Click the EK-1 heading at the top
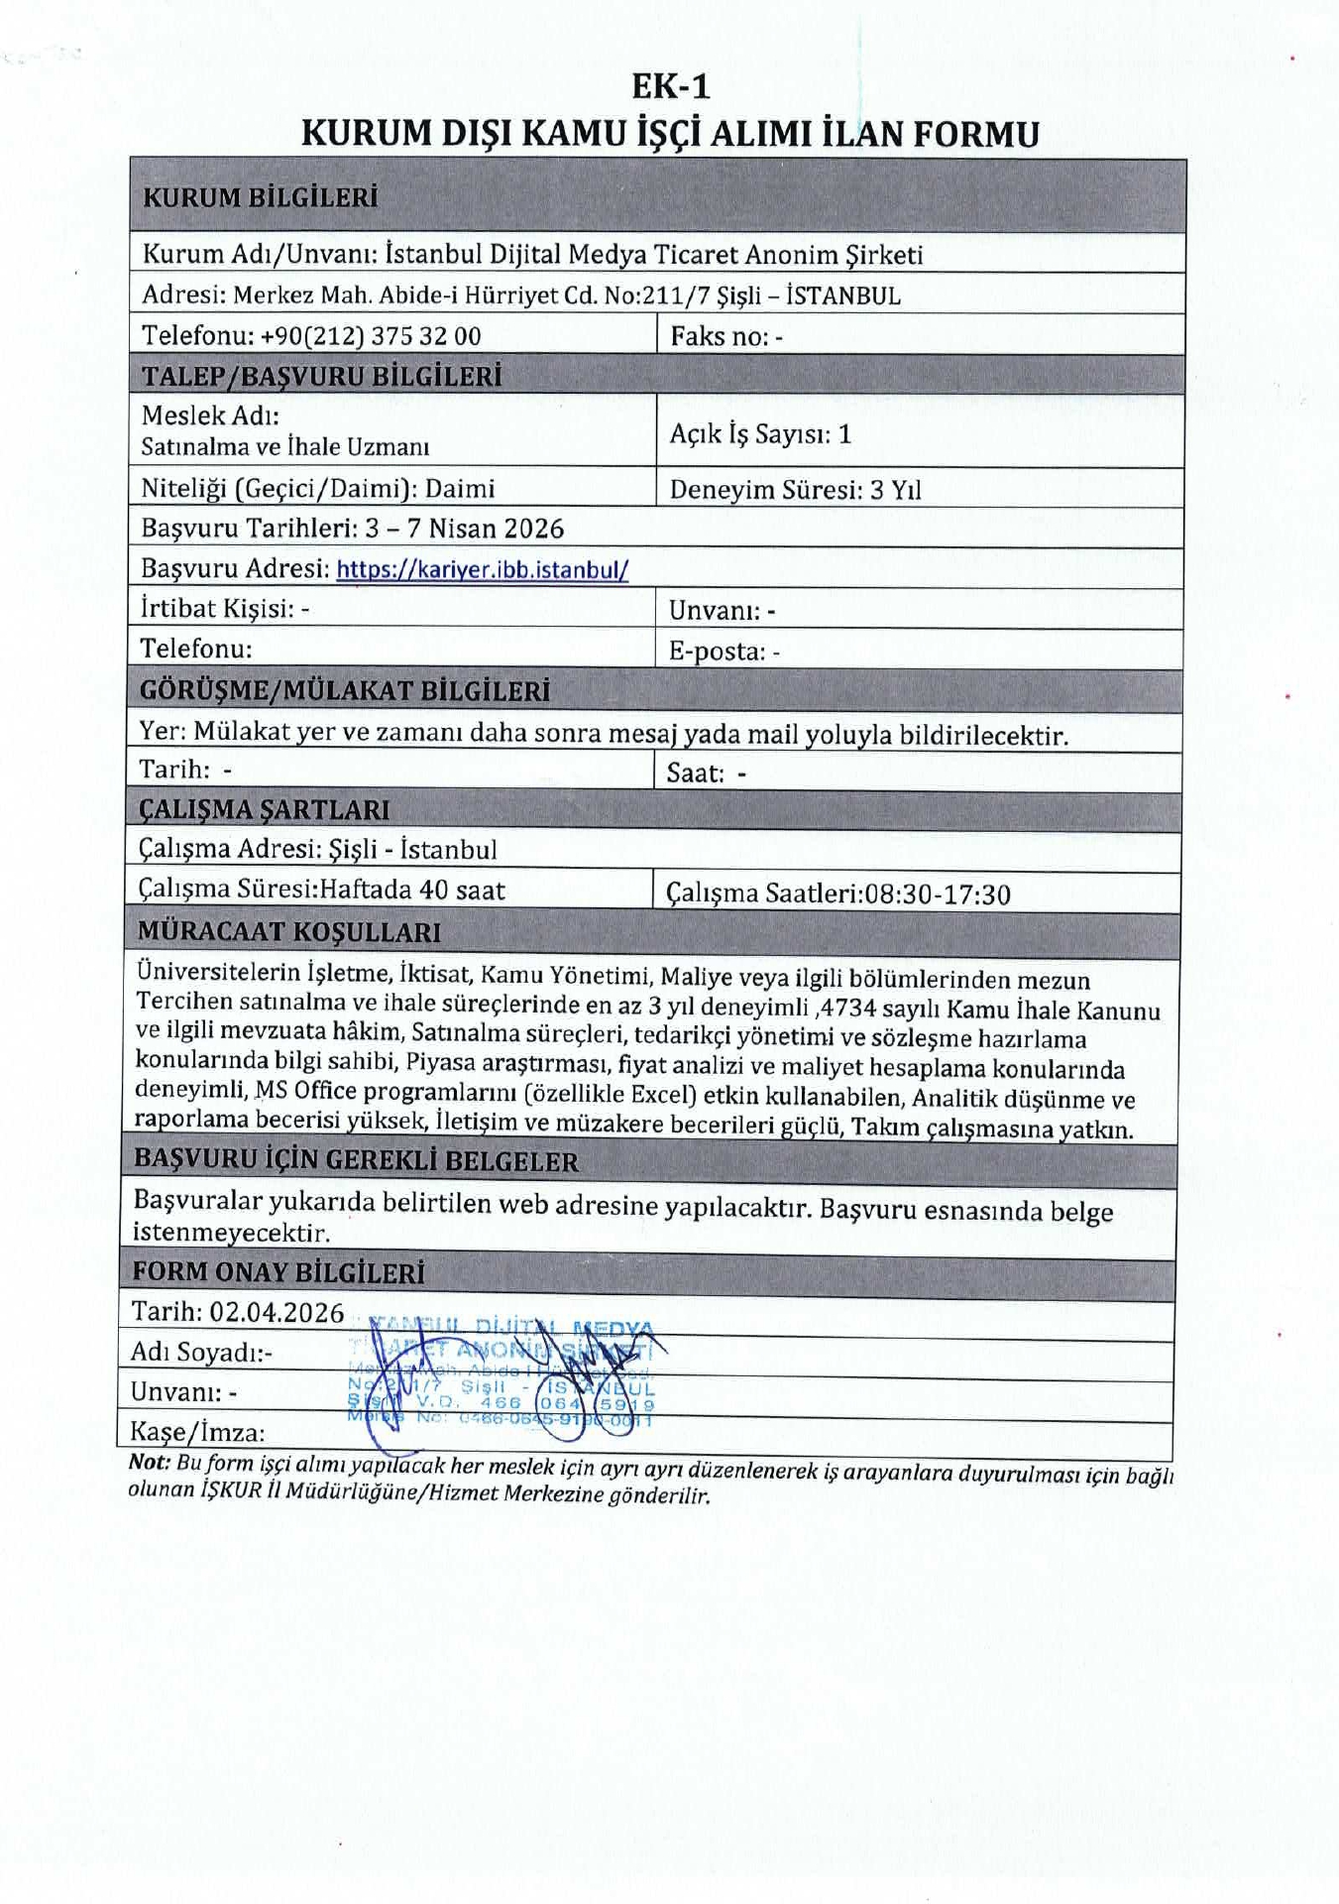pyautogui.click(x=671, y=87)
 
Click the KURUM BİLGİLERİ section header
pyautogui.click(x=261, y=197)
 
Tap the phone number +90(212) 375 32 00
pyautogui.click(x=371, y=335)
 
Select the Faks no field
pyautogui.click(x=726, y=336)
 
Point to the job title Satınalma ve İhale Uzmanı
pyautogui.click(x=285, y=446)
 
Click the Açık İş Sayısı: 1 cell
pyautogui.click(x=760, y=433)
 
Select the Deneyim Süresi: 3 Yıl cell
pyautogui.click(x=795, y=490)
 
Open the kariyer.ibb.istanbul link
pyautogui.click(x=483, y=570)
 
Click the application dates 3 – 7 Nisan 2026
pyautogui.click(x=464, y=529)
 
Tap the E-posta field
pyautogui.click(x=724, y=652)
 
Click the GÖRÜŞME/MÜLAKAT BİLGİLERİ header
pyautogui.click(x=344, y=691)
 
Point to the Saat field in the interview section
pyautogui.click(x=706, y=773)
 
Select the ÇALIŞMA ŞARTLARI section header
pyautogui.click(x=264, y=810)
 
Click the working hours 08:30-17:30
pyautogui.click(x=938, y=894)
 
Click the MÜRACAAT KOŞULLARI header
pyautogui.click(x=289, y=932)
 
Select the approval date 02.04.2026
pyautogui.click(x=277, y=1312)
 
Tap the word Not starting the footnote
pyautogui.click(x=148, y=1462)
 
